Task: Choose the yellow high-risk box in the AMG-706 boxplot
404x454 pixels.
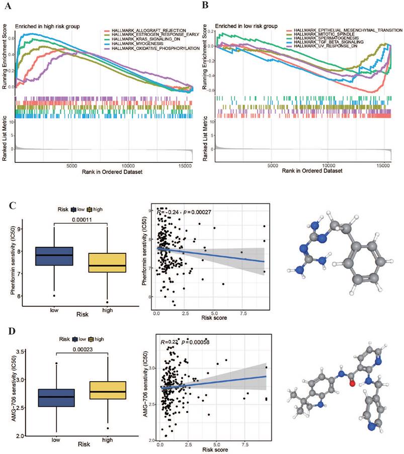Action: coord(107,390)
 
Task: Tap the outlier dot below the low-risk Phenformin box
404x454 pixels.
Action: coord(54,295)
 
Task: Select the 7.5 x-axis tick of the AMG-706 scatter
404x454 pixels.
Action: coord(244,445)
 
